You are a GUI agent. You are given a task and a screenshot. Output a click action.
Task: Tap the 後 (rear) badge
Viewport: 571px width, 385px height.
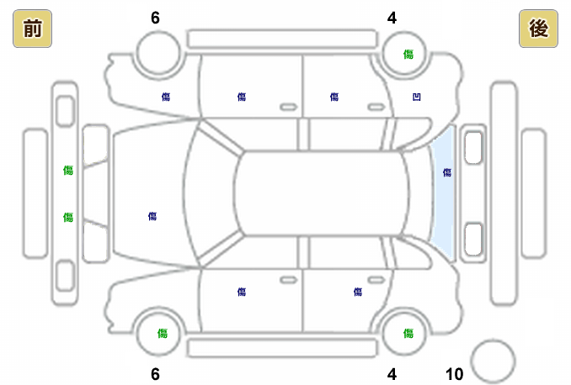pos(538,29)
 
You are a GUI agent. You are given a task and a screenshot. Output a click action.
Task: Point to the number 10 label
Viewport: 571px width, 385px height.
pos(454,374)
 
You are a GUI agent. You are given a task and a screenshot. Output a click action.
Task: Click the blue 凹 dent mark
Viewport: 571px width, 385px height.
pos(416,98)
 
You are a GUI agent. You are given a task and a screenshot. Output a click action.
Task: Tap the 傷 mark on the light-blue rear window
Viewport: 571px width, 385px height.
pos(447,172)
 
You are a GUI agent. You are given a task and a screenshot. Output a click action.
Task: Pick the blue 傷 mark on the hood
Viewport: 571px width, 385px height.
pos(152,216)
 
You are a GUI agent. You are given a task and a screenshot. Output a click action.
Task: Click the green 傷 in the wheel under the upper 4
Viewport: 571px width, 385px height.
pos(408,55)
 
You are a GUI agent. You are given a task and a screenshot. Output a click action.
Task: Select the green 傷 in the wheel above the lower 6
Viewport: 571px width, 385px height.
pos(163,334)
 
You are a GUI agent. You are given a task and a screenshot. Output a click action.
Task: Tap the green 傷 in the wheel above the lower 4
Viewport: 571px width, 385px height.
pos(408,334)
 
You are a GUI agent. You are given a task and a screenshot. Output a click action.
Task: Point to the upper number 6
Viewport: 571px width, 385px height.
pos(155,18)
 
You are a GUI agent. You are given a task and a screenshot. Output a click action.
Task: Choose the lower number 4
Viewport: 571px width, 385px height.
pos(392,374)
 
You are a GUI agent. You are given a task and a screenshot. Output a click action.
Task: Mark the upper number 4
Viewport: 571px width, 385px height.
pos(392,18)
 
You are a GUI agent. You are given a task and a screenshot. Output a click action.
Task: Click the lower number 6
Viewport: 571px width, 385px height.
pos(155,374)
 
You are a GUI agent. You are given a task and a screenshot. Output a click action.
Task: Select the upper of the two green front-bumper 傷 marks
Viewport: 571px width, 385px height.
pos(68,171)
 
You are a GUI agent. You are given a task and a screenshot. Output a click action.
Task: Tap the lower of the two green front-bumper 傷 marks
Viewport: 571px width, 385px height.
pos(68,218)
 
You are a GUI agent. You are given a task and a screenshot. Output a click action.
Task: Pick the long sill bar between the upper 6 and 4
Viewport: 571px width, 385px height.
pos(281,39)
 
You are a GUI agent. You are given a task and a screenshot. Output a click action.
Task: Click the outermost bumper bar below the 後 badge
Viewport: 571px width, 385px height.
pos(534,192)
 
